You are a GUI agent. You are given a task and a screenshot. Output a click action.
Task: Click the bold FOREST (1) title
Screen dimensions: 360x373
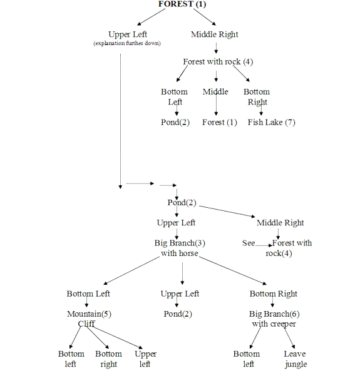point(182,4)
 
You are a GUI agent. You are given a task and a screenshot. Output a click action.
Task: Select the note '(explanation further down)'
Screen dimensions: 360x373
point(127,43)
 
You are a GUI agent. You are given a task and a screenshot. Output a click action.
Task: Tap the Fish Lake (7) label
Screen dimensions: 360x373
point(272,122)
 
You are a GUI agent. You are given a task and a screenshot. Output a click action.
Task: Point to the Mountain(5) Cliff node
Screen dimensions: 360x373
point(89,319)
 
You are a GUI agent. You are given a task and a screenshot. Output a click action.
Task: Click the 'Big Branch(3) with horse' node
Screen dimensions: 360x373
point(180,248)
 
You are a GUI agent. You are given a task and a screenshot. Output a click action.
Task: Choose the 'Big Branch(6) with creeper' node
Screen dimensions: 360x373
point(274,319)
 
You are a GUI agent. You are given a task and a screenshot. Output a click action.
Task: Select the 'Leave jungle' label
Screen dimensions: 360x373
point(295,359)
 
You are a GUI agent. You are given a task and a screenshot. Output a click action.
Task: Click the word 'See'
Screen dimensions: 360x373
point(249,243)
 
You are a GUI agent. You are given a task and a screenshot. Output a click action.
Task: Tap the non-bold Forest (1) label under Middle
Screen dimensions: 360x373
point(220,122)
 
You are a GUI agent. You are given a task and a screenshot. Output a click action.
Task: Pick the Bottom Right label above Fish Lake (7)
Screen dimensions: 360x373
point(257,96)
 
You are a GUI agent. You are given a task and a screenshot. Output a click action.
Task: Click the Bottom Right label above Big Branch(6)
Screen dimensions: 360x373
point(274,294)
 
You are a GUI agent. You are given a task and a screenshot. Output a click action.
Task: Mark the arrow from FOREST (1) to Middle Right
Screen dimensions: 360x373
point(204,17)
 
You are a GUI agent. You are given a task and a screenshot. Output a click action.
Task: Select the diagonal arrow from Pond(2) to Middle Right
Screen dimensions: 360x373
point(227,212)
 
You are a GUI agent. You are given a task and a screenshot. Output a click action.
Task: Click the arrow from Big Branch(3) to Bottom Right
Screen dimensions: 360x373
point(233,270)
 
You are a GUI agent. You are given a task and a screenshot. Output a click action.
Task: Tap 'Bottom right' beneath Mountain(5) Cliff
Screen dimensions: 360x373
point(108,359)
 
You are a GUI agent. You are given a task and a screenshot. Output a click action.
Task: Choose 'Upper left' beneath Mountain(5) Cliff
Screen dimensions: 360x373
point(146,359)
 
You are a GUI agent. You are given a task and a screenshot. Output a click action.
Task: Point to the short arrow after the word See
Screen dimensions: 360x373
point(264,245)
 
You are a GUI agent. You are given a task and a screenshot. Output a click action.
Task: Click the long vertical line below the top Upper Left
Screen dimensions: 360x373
point(120,121)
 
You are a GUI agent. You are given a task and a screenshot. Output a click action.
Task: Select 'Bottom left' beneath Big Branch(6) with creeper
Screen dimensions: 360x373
point(247,359)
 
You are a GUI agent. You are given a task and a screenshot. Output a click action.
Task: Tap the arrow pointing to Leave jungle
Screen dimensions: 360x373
point(289,338)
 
